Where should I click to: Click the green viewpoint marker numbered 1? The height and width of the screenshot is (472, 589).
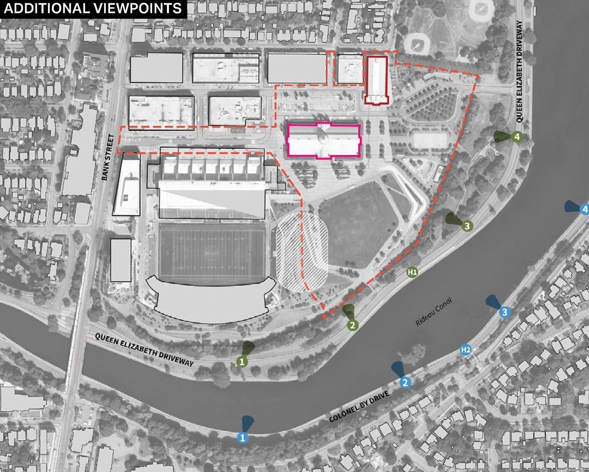click(242, 362)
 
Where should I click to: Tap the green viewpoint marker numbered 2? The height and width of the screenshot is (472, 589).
click(352, 325)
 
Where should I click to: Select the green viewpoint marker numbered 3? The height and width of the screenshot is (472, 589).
click(467, 225)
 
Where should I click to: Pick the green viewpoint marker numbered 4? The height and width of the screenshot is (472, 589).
click(517, 137)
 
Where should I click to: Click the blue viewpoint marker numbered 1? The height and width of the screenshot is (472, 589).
click(243, 437)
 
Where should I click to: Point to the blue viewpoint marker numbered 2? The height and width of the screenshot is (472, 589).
click(405, 382)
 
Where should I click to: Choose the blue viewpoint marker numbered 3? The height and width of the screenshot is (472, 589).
click(504, 312)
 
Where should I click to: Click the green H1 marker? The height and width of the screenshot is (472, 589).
click(412, 272)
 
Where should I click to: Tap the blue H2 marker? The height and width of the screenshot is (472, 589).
click(466, 350)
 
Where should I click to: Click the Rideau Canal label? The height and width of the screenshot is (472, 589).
click(433, 312)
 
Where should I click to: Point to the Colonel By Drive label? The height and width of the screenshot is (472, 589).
click(359, 407)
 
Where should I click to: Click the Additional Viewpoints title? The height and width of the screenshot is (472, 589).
click(92, 8)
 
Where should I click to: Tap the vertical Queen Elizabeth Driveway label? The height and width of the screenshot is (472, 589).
click(520, 71)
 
